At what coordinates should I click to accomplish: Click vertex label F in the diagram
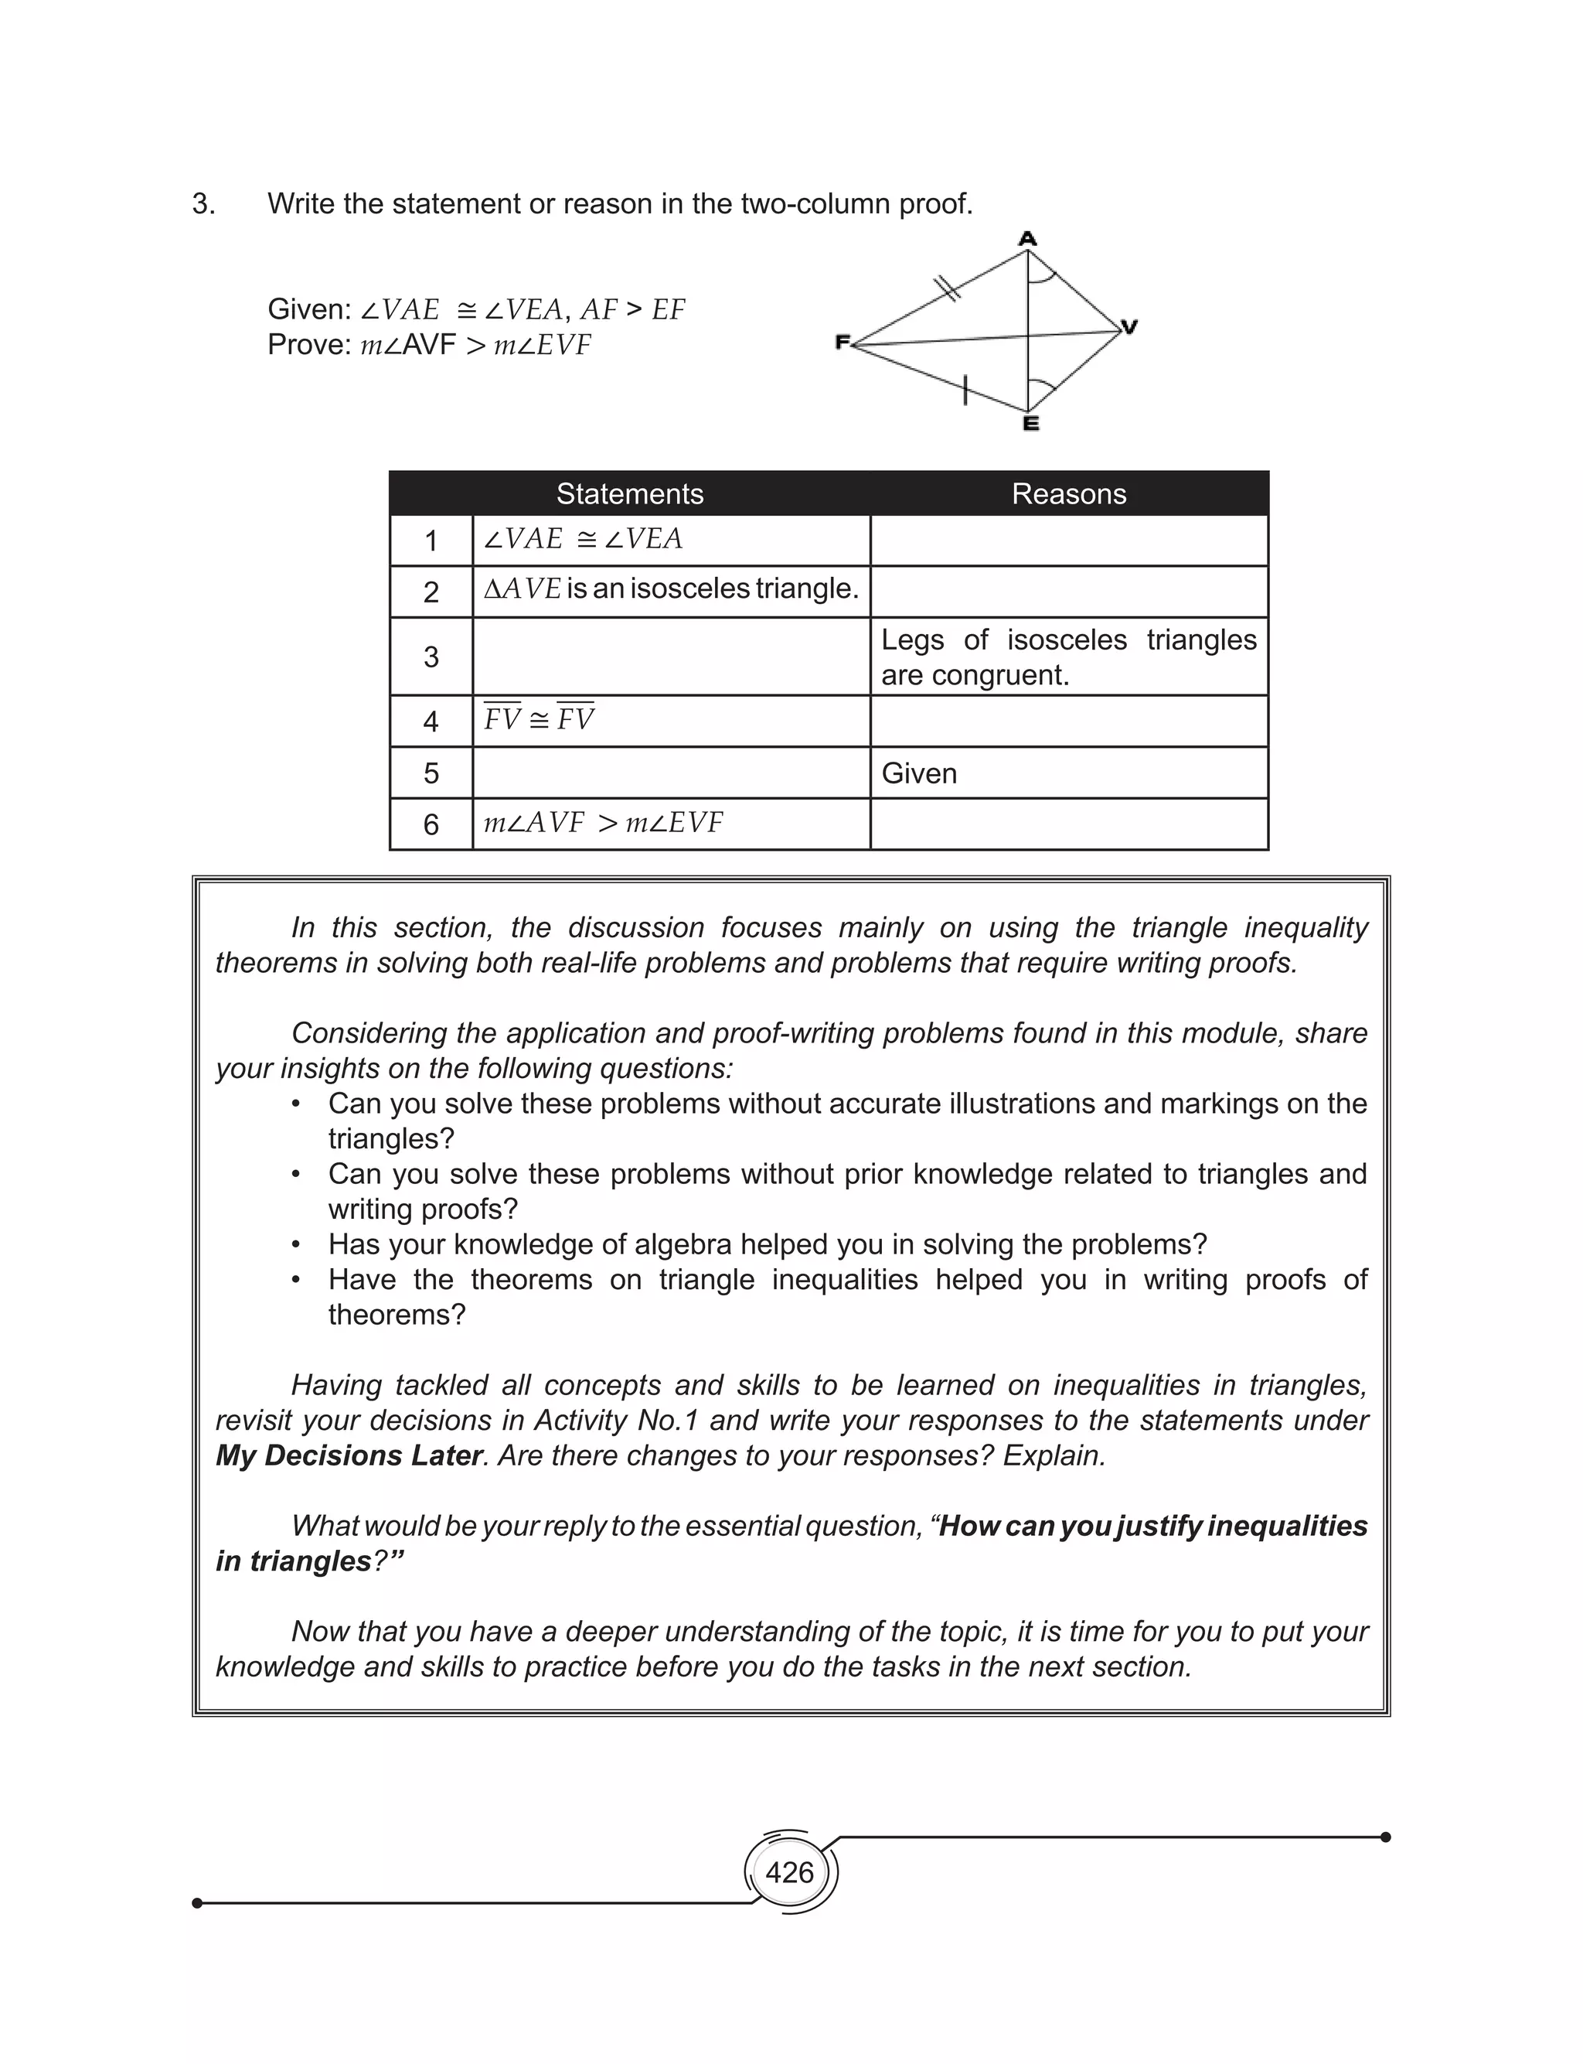point(843,342)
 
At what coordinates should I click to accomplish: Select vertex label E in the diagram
point(1031,424)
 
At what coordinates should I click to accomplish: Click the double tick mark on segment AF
point(946,288)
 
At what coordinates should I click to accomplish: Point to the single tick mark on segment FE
point(965,389)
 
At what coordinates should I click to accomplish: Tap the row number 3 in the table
point(431,657)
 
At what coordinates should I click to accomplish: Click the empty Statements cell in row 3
point(671,657)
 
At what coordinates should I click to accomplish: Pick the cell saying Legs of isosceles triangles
point(1068,657)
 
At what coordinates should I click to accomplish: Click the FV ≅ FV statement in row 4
point(539,720)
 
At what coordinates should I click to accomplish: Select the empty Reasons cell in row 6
point(1068,824)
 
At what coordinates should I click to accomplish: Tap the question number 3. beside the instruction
point(203,203)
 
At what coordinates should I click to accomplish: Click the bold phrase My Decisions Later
point(348,1455)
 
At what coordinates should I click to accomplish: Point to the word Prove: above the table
point(309,345)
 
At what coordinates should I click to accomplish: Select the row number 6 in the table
point(431,824)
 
